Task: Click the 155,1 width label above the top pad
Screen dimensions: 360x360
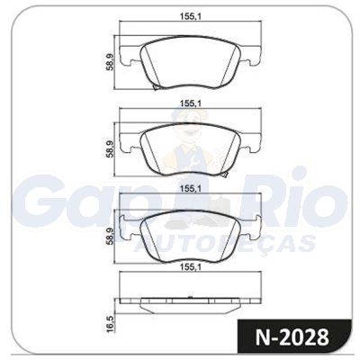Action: pyautogui.click(x=190, y=17)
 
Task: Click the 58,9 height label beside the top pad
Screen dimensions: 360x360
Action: pyautogui.click(x=110, y=62)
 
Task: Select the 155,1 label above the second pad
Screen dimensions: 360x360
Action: pyautogui.click(x=190, y=103)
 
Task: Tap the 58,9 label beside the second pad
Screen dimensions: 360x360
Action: pyautogui.click(x=110, y=148)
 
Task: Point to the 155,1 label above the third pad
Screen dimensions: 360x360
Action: pyautogui.click(x=190, y=189)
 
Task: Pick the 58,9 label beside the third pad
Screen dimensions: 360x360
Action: pyautogui.click(x=110, y=237)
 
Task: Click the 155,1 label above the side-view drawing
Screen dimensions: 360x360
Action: pyautogui.click(x=190, y=266)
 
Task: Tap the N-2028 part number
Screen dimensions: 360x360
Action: pyautogui.click(x=292, y=337)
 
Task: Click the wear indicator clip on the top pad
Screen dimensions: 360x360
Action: pyautogui.click(x=157, y=87)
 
